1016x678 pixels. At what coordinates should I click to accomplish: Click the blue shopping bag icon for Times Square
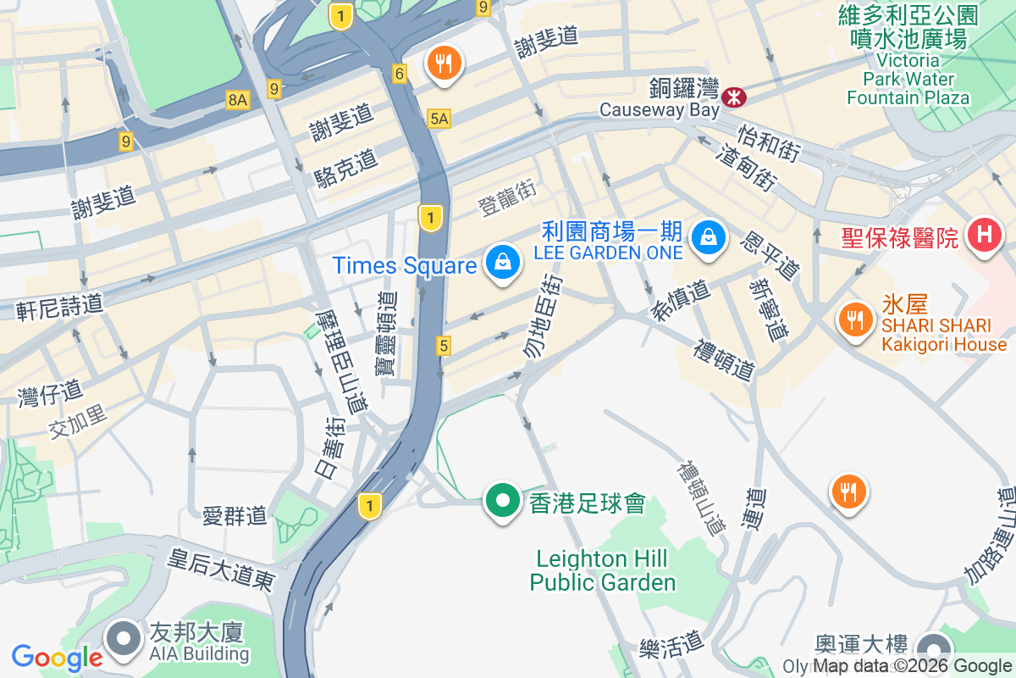[x=503, y=263]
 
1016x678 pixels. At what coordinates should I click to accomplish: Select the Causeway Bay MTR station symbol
[x=733, y=97]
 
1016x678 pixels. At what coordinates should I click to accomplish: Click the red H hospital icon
[x=984, y=234]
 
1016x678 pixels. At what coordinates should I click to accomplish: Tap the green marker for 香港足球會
[x=503, y=500]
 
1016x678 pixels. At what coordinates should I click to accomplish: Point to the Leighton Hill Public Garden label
[x=603, y=570]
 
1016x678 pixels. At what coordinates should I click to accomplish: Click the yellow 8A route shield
[x=238, y=101]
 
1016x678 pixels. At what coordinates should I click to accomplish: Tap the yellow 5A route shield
[x=439, y=119]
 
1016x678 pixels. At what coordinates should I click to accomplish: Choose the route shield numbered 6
[x=399, y=74]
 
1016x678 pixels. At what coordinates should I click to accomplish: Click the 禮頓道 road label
[x=724, y=360]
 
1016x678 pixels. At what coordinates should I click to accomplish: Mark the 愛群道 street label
[x=235, y=514]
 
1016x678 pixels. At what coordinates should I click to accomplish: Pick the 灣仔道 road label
[x=50, y=392]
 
